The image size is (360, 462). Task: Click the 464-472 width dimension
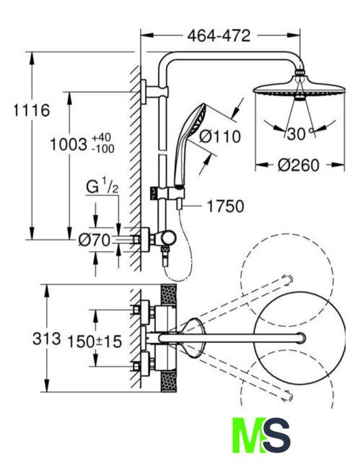click(x=219, y=35)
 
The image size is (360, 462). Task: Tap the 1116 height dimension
click(x=32, y=110)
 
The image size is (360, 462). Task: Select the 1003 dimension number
click(x=69, y=144)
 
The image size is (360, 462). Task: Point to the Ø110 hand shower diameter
click(x=219, y=136)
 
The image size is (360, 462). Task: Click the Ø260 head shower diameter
click(x=298, y=165)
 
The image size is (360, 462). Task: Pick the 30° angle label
click(x=299, y=134)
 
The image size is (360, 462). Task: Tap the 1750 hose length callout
click(x=226, y=206)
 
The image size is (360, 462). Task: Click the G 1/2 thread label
click(x=102, y=186)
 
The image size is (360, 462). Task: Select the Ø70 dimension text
click(x=95, y=240)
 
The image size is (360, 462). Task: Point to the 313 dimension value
click(x=46, y=339)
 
